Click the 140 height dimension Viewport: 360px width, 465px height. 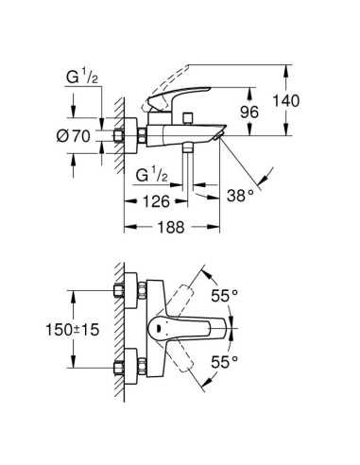point(285,101)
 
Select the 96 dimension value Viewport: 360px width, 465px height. point(249,112)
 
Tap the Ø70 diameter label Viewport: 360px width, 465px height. point(74,136)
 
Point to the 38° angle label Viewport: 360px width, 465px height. point(240,196)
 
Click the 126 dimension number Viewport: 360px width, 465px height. point(156,201)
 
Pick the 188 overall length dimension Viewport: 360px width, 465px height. point(171,227)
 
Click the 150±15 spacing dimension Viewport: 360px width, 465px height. point(73,330)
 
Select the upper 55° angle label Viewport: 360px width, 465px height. point(224,296)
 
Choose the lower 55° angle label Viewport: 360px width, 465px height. point(224,362)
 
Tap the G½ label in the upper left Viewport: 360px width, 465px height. point(82,77)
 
